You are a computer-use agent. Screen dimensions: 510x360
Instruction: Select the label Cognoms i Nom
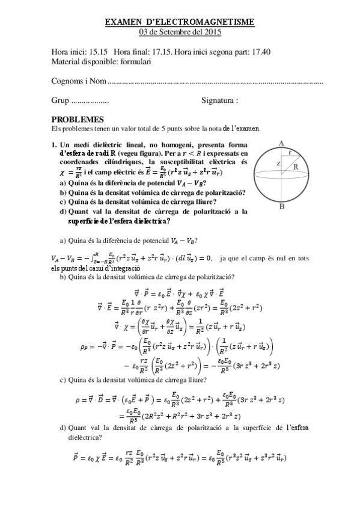[x=79, y=81]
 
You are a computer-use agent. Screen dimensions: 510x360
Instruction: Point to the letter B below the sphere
[x=281, y=206]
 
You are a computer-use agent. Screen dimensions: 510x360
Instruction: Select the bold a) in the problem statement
[x=63, y=183]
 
